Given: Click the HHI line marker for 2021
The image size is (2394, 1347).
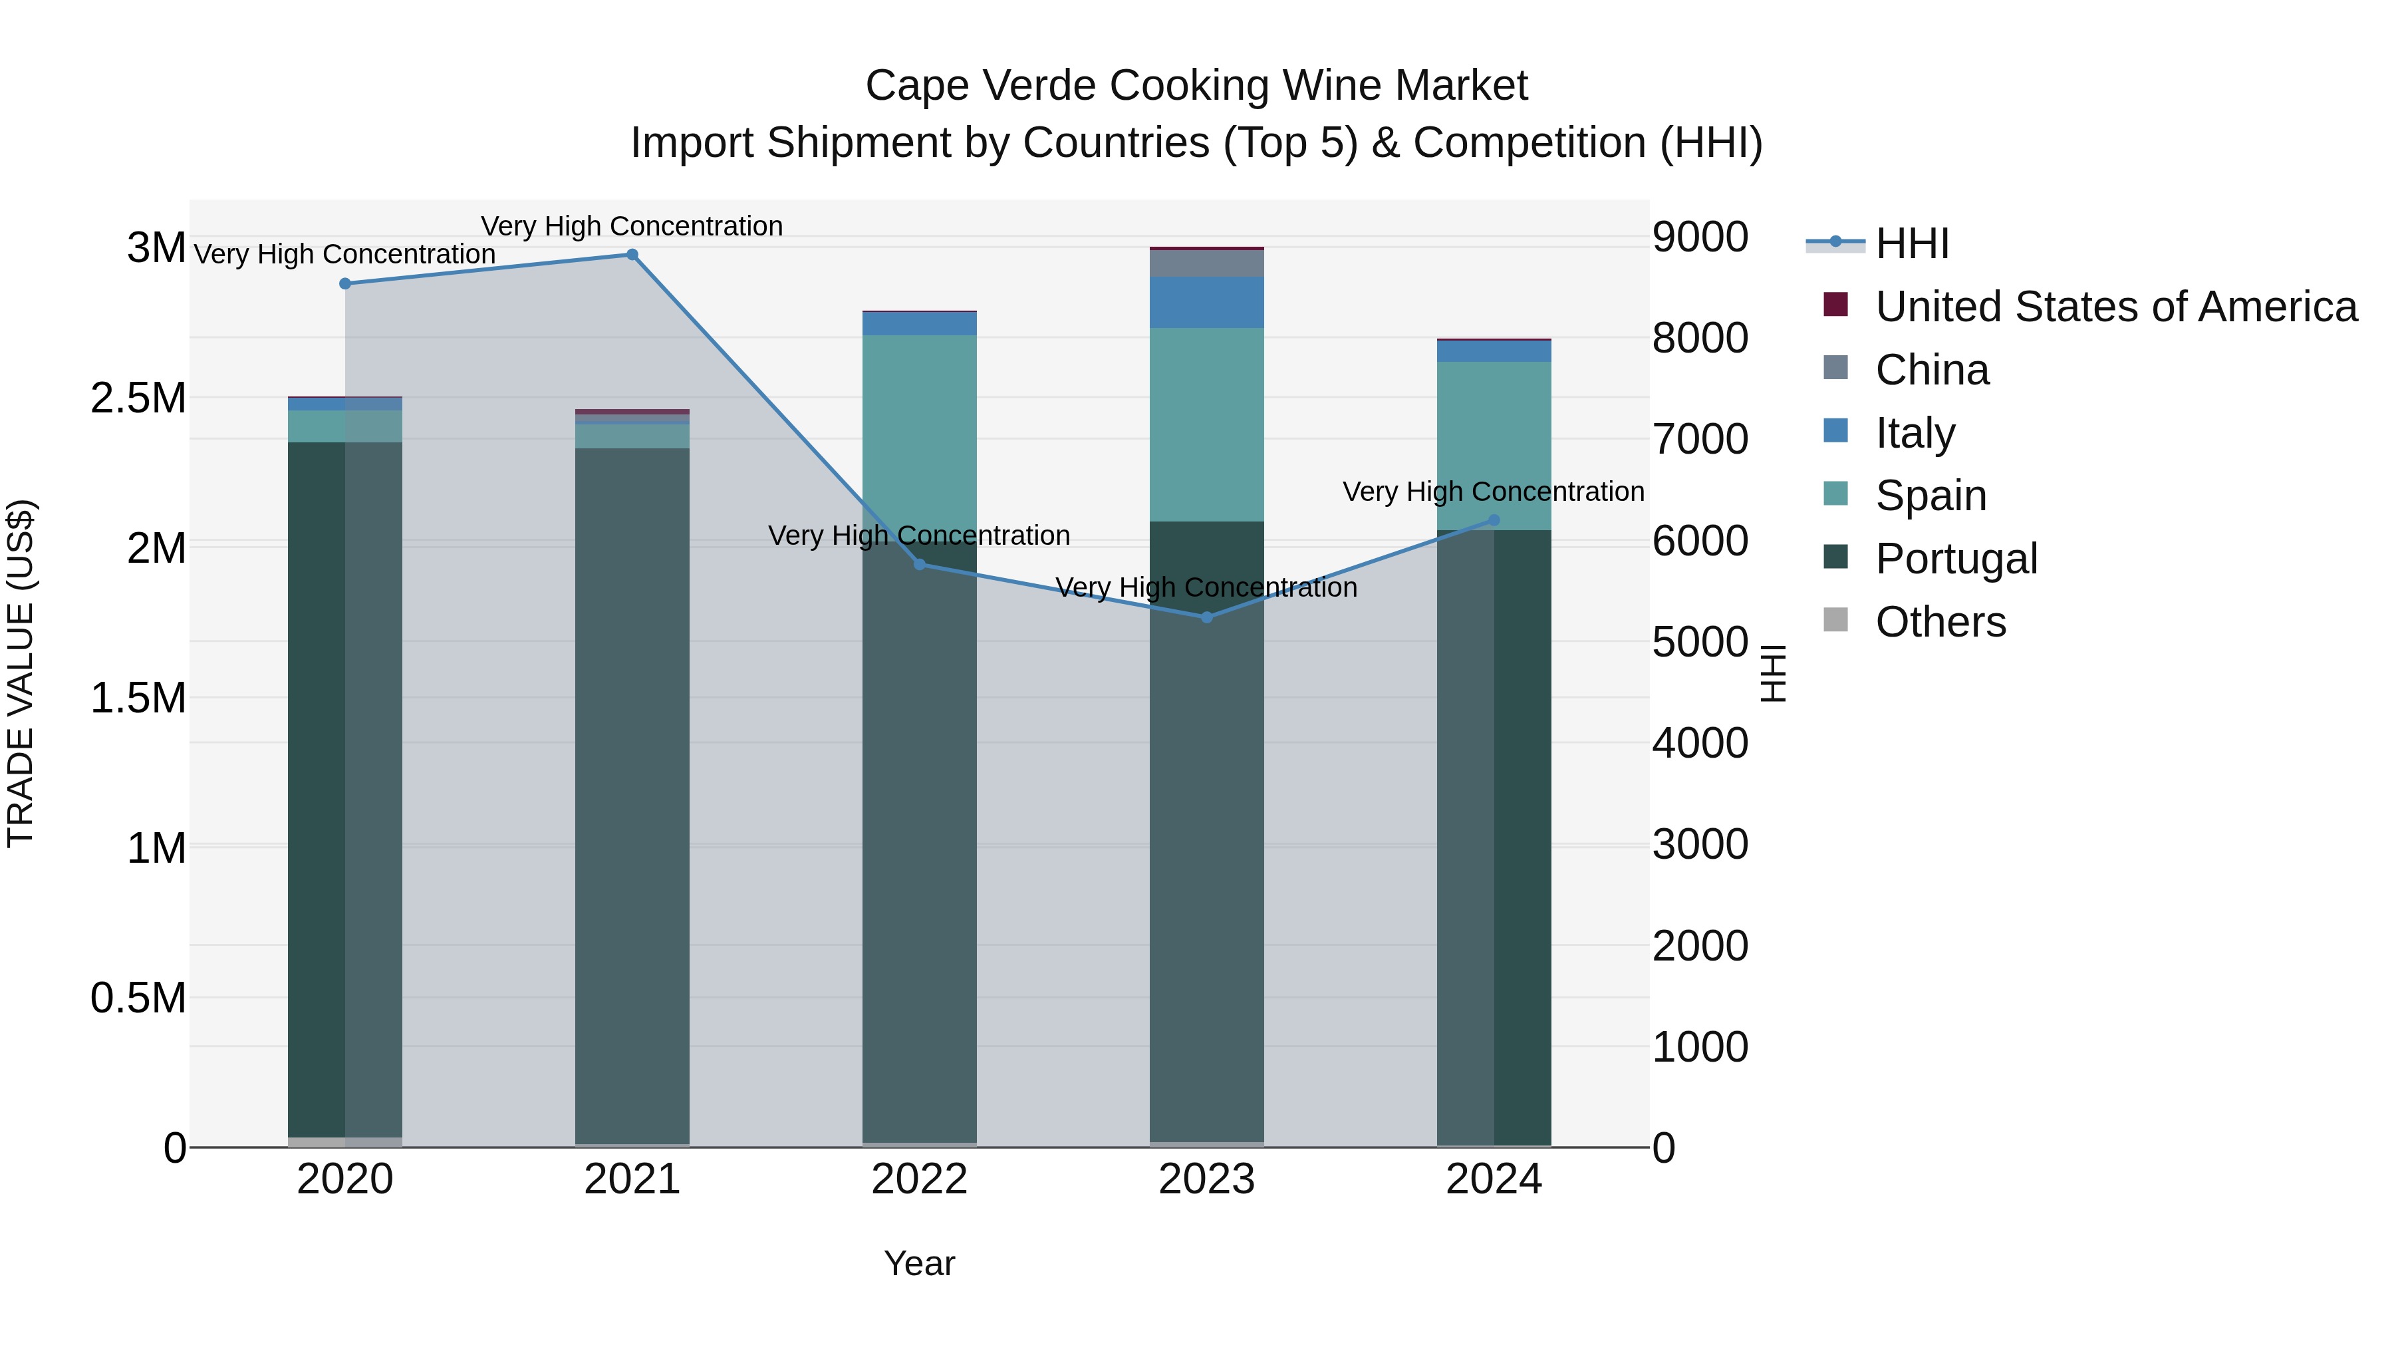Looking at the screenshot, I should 632,255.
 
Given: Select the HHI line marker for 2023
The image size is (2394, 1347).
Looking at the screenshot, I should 1206,617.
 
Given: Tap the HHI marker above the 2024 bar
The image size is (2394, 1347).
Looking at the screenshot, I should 1494,521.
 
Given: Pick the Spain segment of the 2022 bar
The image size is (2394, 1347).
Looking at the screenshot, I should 919,437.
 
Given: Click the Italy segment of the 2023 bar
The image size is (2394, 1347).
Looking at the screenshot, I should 1206,302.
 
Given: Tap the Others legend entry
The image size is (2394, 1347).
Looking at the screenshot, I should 1940,622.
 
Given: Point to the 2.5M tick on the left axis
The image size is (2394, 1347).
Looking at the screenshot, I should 138,398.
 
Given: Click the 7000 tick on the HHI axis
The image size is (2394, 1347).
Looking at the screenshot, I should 1700,439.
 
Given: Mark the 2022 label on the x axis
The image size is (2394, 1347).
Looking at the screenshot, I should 919,1179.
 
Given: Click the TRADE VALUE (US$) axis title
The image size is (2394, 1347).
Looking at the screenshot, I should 21,673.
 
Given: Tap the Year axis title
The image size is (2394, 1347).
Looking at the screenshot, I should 919,1263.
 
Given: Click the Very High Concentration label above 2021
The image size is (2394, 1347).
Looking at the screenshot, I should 632,226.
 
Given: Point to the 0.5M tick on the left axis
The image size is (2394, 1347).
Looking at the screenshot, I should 138,998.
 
